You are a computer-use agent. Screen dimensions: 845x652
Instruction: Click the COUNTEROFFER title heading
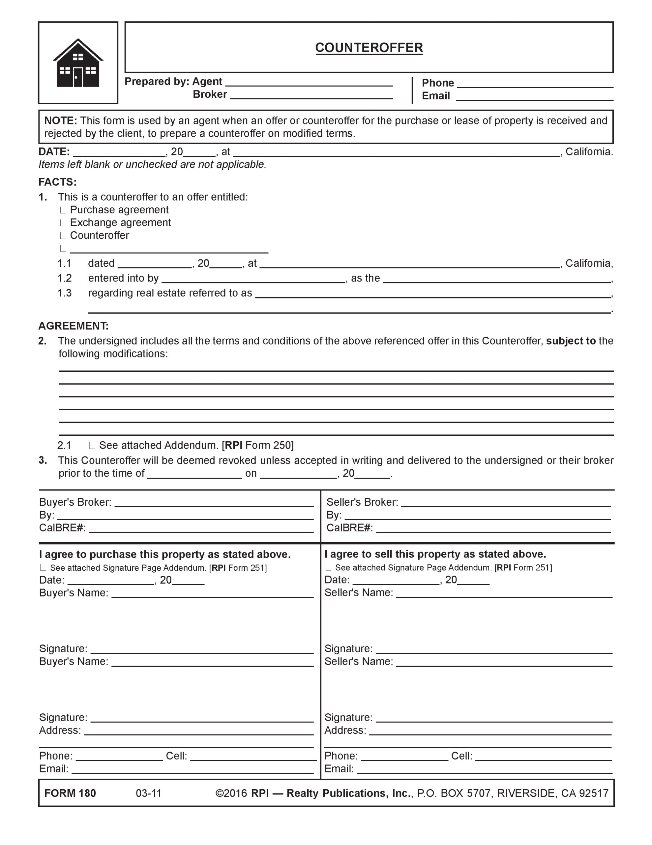tap(369, 48)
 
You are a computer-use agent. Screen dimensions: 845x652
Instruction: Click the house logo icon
tap(78, 63)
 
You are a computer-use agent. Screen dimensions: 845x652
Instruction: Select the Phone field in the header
tap(535, 84)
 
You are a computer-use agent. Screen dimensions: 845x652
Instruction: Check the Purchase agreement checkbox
tap(63, 211)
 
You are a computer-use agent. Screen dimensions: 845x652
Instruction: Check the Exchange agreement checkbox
tap(63, 223)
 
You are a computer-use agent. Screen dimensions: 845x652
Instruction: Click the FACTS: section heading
tap(57, 182)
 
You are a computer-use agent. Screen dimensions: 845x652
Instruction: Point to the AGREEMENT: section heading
tap(74, 326)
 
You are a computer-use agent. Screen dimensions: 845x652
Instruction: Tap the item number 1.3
tap(65, 293)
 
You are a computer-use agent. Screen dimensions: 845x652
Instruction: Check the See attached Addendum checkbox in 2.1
tap(92, 446)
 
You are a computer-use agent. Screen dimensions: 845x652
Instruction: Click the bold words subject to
tap(571, 341)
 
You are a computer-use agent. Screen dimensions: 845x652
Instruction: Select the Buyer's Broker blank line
tap(214, 503)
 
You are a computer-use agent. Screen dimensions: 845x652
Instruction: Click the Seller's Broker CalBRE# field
tap(493, 528)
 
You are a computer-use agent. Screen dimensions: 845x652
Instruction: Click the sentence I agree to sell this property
tap(435, 554)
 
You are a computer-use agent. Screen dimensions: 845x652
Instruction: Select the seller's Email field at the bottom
tap(484, 769)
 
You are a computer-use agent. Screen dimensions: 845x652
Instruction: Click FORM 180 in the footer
tap(70, 793)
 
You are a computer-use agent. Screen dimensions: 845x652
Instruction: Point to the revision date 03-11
tap(148, 793)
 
